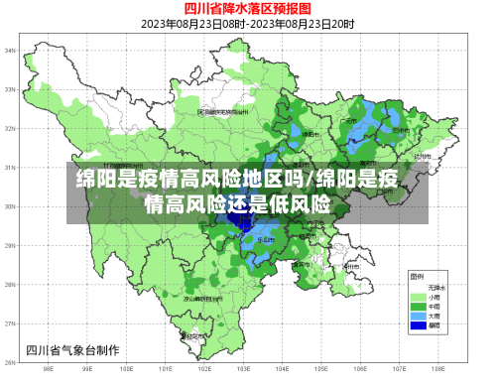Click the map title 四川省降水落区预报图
point(247,8)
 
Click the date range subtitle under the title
point(247,23)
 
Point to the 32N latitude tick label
point(10,128)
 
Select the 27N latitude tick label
point(10,322)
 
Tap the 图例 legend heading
point(417,275)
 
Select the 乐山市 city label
point(266,239)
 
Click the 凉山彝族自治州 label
point(201,297)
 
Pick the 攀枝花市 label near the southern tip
point(193,337)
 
